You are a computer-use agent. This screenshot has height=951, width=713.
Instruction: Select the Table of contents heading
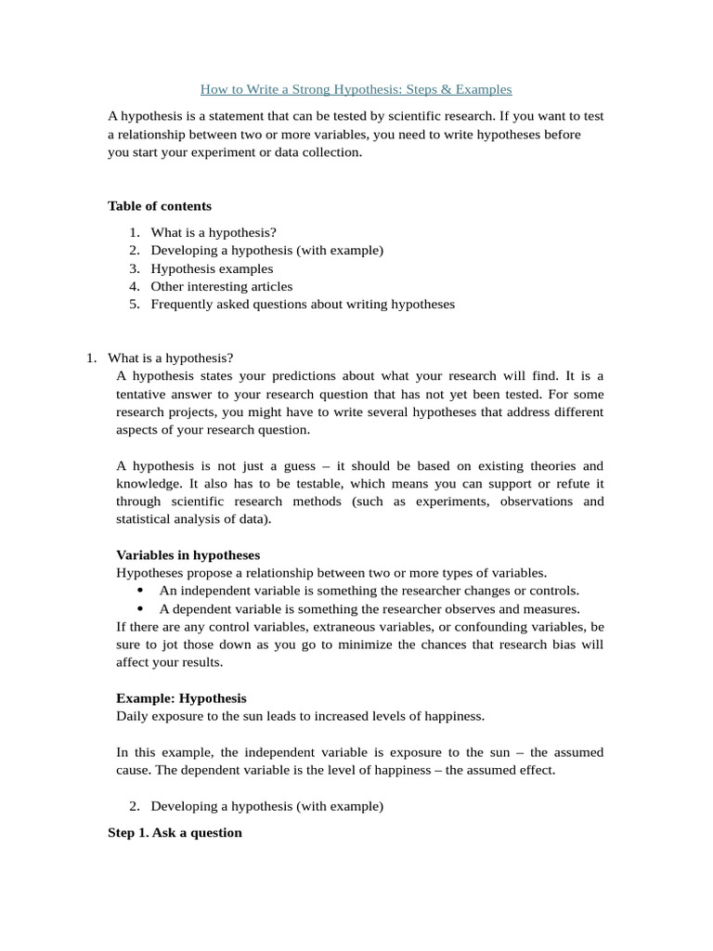coord(160,206)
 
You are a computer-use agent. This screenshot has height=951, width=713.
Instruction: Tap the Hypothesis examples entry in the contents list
coord(212,268)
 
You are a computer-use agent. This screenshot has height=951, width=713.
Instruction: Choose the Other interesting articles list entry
coord(221,286)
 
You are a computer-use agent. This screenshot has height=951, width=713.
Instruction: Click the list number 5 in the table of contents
coord(134,304)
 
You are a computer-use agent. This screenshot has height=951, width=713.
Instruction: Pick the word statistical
coord(145,519)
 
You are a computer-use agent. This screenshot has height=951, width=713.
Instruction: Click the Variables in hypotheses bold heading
coord(188,554)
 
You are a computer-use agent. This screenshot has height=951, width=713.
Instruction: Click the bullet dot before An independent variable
coord(140,591)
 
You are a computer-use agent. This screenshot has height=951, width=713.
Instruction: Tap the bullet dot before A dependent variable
coord(140,608)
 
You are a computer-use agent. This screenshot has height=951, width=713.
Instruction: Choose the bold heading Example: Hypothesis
coord(181,697)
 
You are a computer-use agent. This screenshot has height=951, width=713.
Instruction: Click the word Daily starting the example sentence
coord(134,716)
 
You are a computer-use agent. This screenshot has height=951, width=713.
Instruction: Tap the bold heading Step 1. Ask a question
coord(175,832)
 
